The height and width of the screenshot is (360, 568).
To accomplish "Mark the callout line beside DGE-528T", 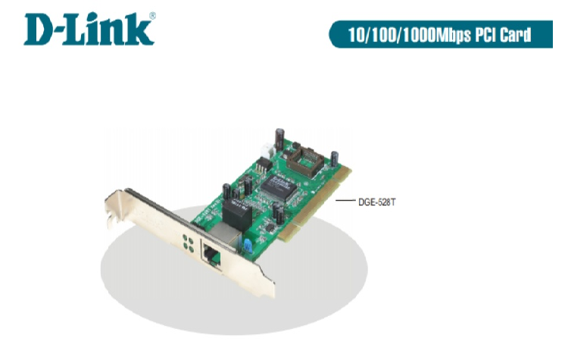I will [345, 202].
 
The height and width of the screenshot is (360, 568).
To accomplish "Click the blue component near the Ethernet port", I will [245, 244].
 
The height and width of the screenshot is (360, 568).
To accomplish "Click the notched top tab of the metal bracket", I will [112, 205].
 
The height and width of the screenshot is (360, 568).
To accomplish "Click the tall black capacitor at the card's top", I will [279, 137].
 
